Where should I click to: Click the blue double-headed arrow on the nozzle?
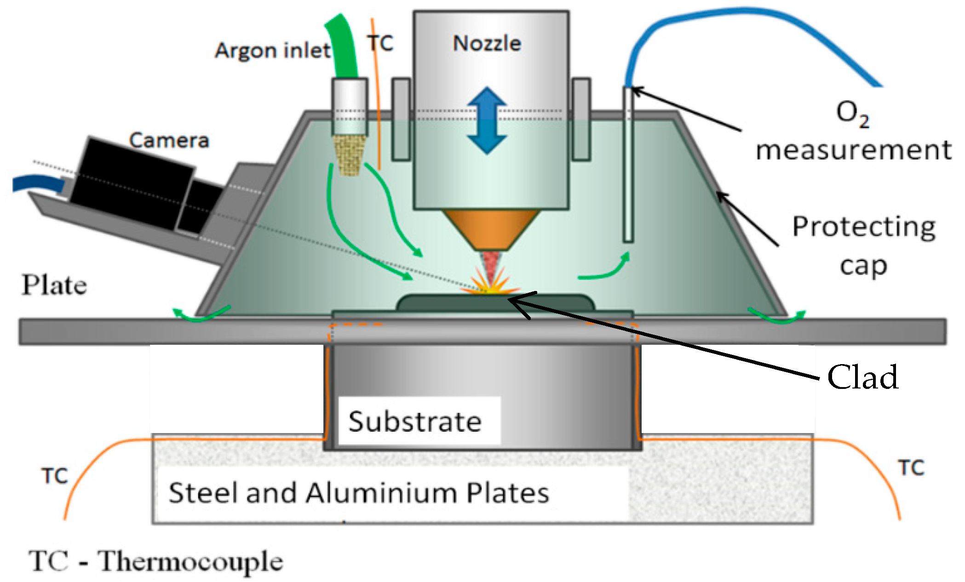(487, 120)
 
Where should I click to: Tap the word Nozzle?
(487, 44)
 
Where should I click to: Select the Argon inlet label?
(272, 50)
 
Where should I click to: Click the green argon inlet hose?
(343, 46)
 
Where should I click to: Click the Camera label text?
(169, 140)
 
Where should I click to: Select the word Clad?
(862, 377)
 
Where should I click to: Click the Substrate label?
(415, 422)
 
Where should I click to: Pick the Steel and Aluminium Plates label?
(359, 493)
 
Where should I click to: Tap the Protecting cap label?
(863, 246)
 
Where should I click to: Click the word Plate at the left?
(54, 285)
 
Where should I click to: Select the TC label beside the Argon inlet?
(380, 43)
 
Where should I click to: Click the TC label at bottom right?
(911, 468)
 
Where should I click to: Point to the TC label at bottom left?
(55, 476)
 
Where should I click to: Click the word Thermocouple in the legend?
(190, 562)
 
